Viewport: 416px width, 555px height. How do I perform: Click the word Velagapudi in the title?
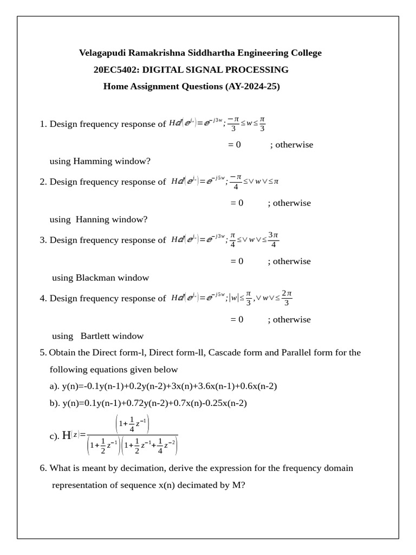103,53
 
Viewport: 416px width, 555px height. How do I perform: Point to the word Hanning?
93,220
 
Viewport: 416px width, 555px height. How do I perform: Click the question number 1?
42,124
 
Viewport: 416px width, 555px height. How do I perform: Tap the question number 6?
42,468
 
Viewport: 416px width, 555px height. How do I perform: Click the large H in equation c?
67,435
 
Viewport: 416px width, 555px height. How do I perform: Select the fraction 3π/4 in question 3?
273,240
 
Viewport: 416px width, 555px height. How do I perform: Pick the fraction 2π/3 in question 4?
287,298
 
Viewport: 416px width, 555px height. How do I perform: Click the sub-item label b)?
55,403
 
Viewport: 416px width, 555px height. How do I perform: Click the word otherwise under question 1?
291,145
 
